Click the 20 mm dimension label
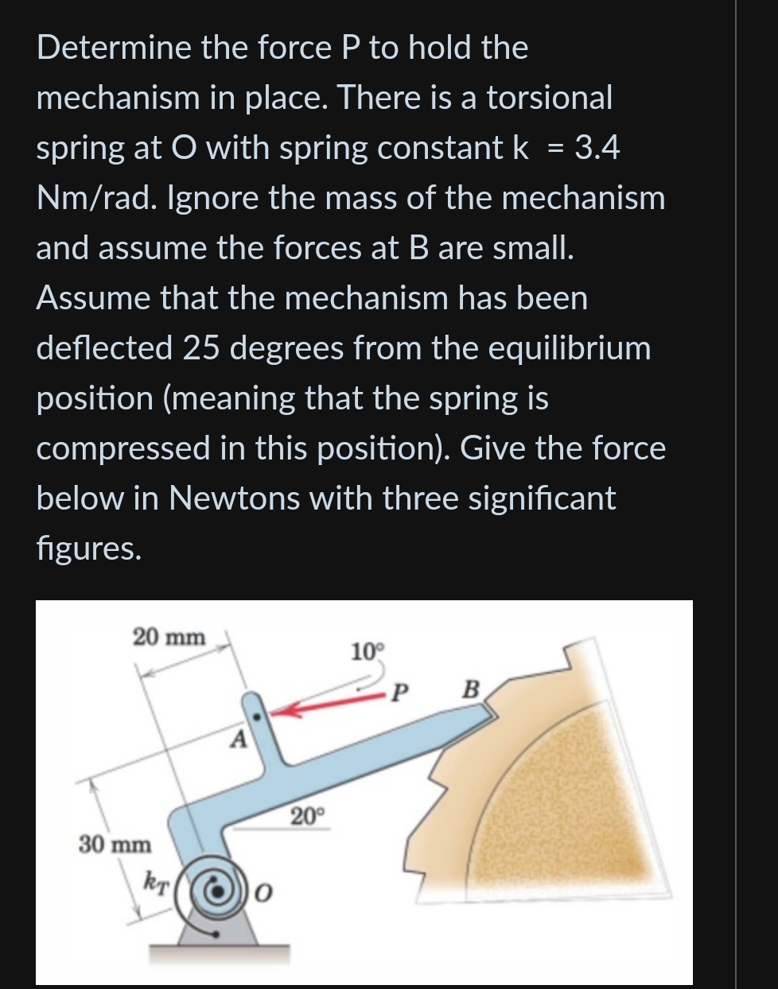tap(169, 637)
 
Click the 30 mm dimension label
tap(115, 844)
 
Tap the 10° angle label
tap(367, 652)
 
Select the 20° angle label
tap(307, 816)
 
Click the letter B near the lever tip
tap(471, 688)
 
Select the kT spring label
tap(156, 881)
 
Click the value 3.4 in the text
tap(596, 148)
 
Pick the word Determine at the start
tap(114, 48)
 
